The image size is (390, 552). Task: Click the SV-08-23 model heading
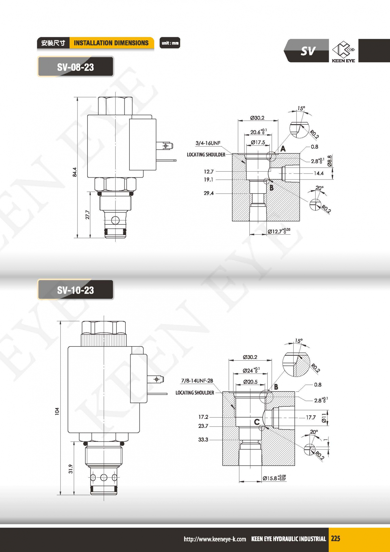[75, 67]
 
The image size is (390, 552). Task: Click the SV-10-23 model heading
[75, 290]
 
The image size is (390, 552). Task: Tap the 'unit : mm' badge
[170, 43]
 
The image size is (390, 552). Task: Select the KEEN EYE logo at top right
[343, 51]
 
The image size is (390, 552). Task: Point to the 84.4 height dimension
[75, 172]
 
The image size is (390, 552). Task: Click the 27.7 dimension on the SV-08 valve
[87, 215]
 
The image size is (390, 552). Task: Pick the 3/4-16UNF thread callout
[208, 143]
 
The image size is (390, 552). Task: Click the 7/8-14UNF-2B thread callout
[197, 381]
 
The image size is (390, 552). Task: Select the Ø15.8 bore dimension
[274, 478]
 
